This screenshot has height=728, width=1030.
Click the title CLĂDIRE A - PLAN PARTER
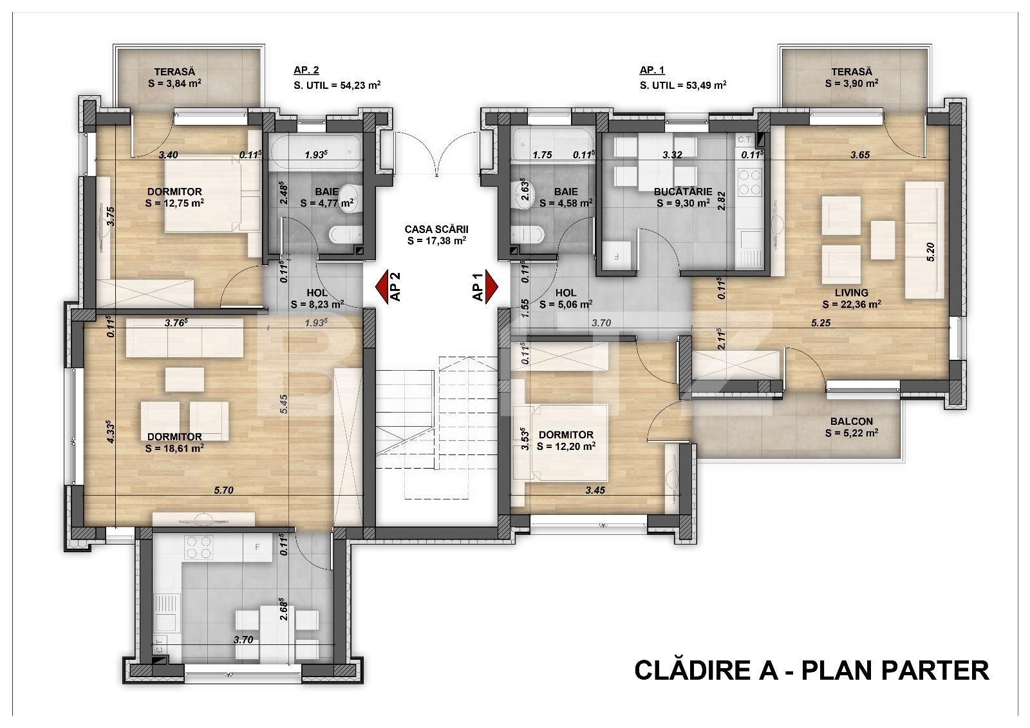(811, 670)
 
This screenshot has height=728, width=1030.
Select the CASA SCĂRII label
(436, 229)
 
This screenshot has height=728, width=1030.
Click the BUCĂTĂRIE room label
(682, 191)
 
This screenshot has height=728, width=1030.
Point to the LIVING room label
(851, 292)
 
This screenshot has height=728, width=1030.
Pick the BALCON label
(851, 422)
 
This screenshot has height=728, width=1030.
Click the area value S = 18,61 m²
(175, 449)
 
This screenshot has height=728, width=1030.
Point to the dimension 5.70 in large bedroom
(223, 490)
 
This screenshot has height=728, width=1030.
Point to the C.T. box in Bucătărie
(745, 139)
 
